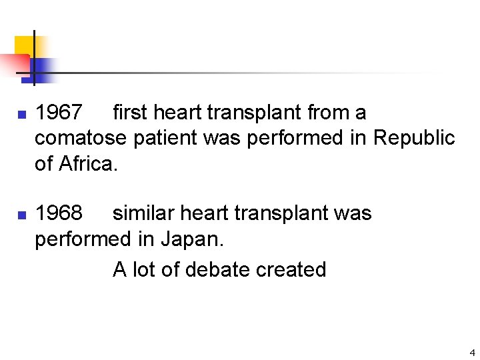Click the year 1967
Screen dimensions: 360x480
point(59,113)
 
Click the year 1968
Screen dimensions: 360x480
point(59,213)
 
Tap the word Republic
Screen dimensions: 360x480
point(414,138)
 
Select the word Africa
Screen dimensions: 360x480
point(87,163)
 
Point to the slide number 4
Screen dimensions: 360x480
point(472,353)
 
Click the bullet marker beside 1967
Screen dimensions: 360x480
point(21,115)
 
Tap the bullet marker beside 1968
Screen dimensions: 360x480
point(21,215)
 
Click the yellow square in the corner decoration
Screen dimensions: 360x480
point(23,45)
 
